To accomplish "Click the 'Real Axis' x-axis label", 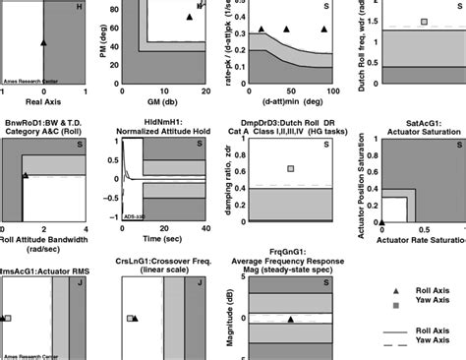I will point(43,101).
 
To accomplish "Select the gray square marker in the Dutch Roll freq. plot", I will point(424,22).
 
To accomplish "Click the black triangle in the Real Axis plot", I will point(43,43).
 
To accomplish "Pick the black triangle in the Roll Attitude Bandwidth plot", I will point(26,175).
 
